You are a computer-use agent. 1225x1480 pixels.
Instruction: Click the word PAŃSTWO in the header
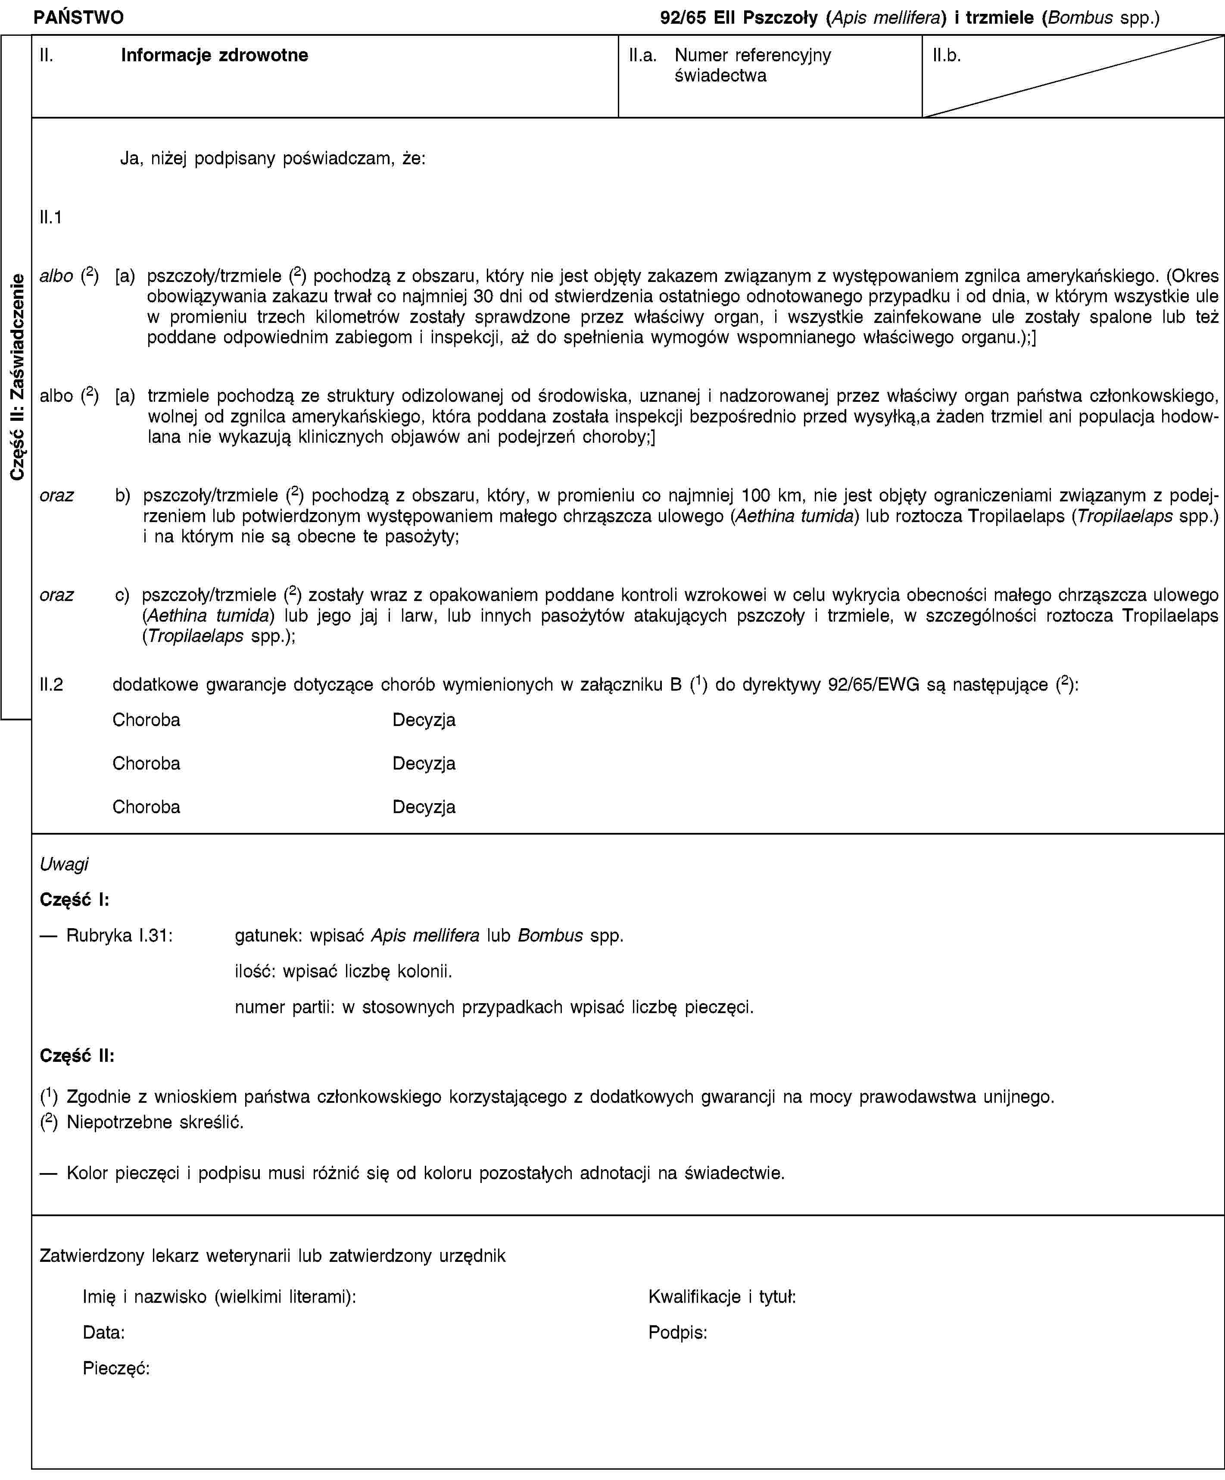click(78, 18)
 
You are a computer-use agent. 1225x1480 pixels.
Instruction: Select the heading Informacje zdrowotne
click(214, 55)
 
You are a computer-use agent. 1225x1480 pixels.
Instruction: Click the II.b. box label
click(946, 55)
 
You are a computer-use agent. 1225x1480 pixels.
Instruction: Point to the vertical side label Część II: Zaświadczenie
click(16, 377)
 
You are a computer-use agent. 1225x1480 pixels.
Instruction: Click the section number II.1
click(51, 218)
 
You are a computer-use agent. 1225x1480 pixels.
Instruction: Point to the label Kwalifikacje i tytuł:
click(722, 1296)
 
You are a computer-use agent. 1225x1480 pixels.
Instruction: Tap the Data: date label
click(103, 1332)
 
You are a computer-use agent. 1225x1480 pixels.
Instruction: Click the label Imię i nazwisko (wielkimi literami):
click(219, 1296)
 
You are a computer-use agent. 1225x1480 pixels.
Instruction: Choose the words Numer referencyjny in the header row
click(752, 55)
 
